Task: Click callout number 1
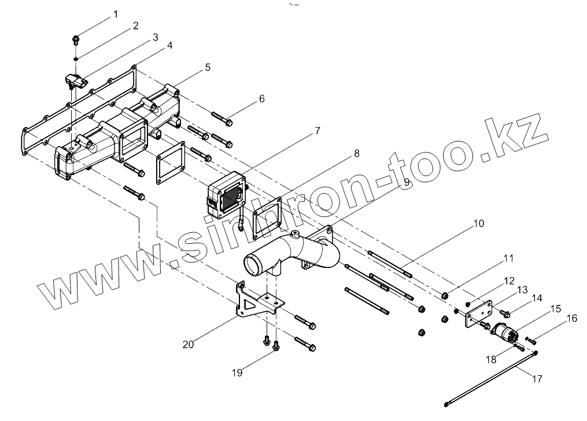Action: tap(115, 14)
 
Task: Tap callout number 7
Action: tap(317, 131)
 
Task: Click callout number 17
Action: tap(537, 379)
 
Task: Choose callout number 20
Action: tap(188, 344)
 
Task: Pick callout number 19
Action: tap(237, 372)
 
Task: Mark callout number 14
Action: tap(537, 299)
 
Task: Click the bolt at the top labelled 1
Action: tap(76, 40)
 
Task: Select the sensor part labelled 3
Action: tap(75, 80)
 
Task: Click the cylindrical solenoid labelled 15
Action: tap(505, 334)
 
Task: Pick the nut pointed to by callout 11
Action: tap(445, 296)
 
